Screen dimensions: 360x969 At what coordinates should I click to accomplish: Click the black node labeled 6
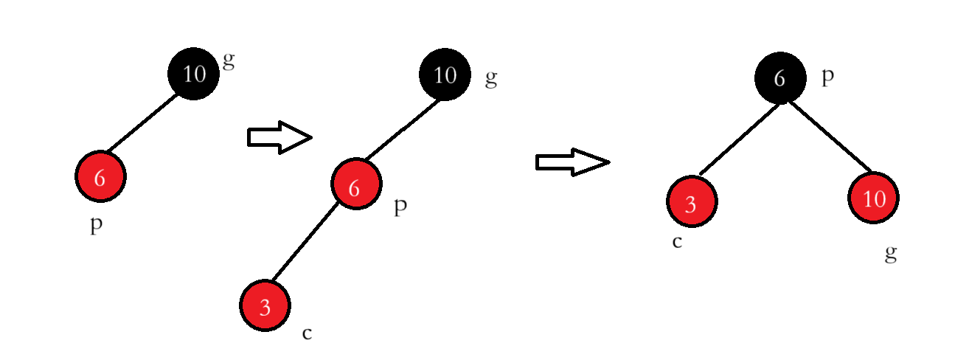tap(779, 77)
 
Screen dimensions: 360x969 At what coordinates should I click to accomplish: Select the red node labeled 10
tap(874, 199)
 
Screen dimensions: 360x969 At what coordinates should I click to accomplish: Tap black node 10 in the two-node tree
tap(193, 74)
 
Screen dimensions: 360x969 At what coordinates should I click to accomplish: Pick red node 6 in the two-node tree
tap(101, 177)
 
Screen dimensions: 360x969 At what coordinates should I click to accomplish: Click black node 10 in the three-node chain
tap(445, 74)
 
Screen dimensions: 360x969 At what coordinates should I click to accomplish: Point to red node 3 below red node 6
tap(265, 306)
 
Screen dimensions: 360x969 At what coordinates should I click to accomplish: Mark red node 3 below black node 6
tap(692, 203)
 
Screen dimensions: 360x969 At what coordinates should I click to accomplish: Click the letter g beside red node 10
tap(891, 255)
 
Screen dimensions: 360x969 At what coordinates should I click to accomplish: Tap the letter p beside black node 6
tap(827, 77)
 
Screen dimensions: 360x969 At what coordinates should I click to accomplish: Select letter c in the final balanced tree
tap(677, 241)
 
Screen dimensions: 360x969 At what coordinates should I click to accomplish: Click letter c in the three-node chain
tap(307, 333)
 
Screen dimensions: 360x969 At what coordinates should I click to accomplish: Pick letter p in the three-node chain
tap(400, 207)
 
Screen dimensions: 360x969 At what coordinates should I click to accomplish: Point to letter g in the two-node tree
tap(229, 60)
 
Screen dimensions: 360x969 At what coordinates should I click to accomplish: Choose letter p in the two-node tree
tap(96, 225)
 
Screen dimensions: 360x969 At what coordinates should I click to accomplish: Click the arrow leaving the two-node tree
tap(279, 138)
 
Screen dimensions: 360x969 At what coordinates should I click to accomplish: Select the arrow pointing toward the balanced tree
tap(572, 162)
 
